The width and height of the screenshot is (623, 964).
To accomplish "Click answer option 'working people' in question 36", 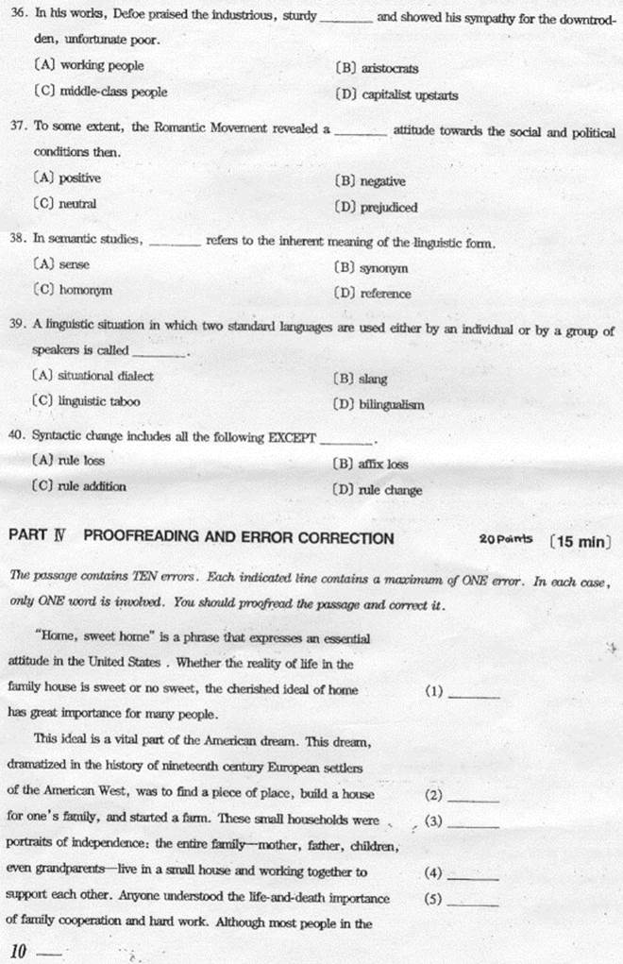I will click(101, 66).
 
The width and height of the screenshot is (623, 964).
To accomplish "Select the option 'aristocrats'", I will click(387, 68).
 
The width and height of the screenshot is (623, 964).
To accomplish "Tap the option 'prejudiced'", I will click(388, 208).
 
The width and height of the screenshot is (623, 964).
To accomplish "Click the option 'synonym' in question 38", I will click(383, 268).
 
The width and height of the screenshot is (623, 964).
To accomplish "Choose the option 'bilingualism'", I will click(392, 405).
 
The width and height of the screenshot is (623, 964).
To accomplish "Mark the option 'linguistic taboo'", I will click(99, 401).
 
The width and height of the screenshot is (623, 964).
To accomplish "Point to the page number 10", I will click(18, 951).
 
